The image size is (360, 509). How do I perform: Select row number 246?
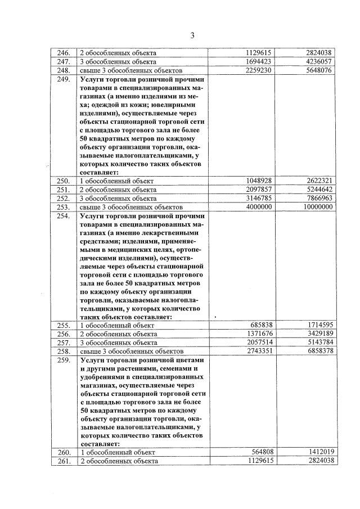tap(63, 53)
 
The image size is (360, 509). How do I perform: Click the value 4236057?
tap(317, 61)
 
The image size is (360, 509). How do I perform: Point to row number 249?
tap(63, 79)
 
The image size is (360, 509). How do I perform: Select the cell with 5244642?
tap(317, 190)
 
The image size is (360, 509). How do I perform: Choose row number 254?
tap(63, 216)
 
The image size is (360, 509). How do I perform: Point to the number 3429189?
tap(317, 334)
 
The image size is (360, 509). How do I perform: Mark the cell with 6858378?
tap(317, 352)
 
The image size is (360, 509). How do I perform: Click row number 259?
tap(63, 361)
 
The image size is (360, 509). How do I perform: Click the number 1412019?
tap(317, 452)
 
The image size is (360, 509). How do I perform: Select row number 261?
tap(63, 461)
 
